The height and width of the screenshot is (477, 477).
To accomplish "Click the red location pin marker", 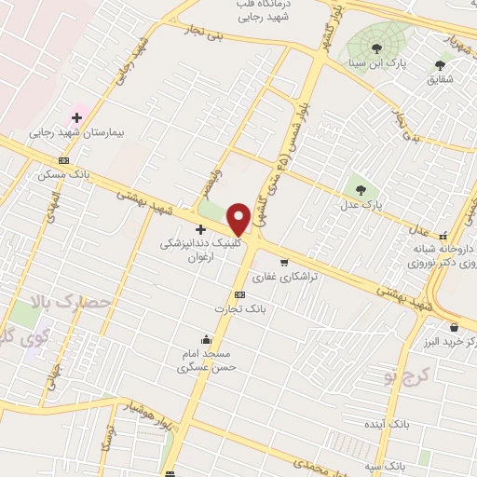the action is pyautogui.click(x=239, y=218).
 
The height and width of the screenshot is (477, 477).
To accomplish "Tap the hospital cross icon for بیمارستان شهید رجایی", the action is pyautogui.click(x=76, y=117).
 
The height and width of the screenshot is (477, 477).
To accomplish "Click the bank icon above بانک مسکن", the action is pyautogui.click(x=62, y=160).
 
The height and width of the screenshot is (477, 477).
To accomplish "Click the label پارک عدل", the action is pyautogui.click(x=370, y=203).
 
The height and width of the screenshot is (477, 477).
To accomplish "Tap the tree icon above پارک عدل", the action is pyautogui.click(x=358, y=189).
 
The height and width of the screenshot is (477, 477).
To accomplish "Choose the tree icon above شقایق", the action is pyautogui.click(x=440, y=65).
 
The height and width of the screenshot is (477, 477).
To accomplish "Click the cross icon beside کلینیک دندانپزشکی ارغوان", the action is pyautogui.click(x=200, y=229).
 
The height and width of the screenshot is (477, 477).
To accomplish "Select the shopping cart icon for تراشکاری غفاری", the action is pyautogui.click(x=284, y=262).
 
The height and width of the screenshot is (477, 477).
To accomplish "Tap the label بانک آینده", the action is pyautogui.click(x=388, y=425).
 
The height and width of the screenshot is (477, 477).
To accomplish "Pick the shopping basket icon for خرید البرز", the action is pyautogui.click(x=454, y=327).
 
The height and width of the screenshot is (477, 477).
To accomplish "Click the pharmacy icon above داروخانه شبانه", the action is pyautogui.click(x=443, y=235).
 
